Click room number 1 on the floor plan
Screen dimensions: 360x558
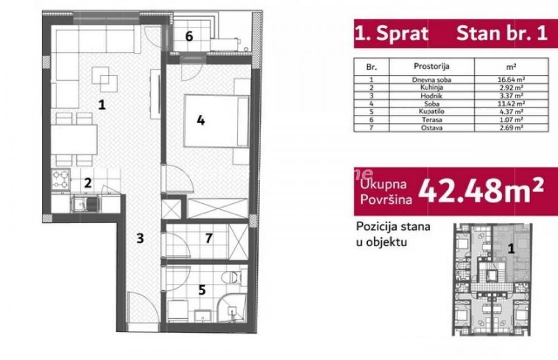tap(101, 104)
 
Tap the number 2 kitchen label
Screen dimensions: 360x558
tap(88, 182)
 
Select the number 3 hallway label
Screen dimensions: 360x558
tap(140, 238)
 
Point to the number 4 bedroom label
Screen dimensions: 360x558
tap(200, 119)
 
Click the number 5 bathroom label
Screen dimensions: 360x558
tap(202, 290)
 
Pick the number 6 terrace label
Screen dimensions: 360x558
tap(189, 37)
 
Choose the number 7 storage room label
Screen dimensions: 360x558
tap(208, 238)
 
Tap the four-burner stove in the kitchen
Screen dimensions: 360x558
tap(60, 179)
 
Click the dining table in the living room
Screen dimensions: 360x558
tap(76, 140)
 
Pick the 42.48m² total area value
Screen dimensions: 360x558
tap(480, 191)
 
